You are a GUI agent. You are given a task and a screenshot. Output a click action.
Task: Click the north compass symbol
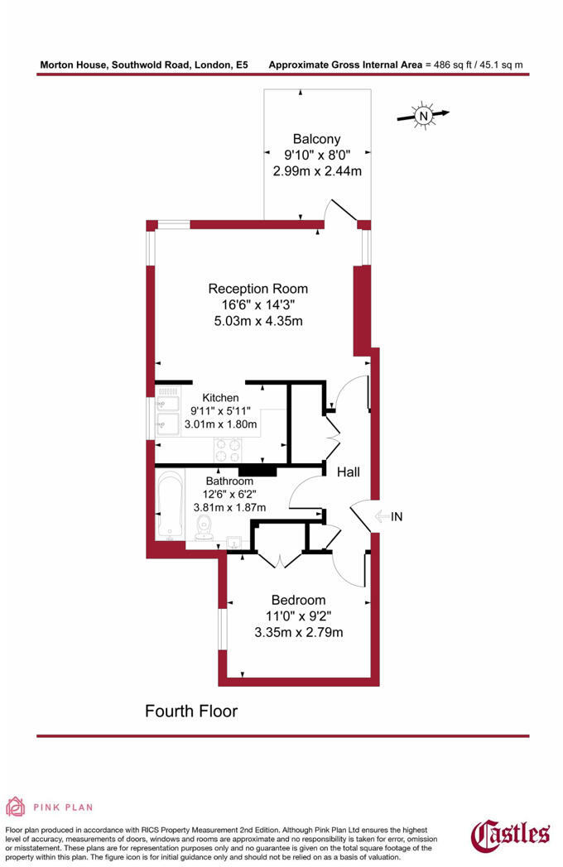click(x=423, y=116)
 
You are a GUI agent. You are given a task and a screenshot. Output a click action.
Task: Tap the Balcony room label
click(x=316, y=139)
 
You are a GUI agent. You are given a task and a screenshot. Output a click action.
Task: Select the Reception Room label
click(x=257, y=289)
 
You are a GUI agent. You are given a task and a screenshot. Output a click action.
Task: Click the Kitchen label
click(x=214, y=398)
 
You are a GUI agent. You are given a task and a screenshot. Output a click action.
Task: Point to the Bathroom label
click(x=229, y=481)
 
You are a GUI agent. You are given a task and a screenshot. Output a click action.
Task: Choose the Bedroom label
click(x=298, y=600)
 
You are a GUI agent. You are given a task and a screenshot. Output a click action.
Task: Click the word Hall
click(x=348, y=472)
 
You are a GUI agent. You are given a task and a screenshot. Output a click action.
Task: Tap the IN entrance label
click(x=397, y=517)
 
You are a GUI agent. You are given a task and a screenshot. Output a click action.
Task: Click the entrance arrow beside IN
click(x=382, y=517)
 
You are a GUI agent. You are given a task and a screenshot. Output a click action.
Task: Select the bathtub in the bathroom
click(x=171, y=505)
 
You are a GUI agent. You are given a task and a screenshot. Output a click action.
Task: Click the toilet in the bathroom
click(x=203, y=529)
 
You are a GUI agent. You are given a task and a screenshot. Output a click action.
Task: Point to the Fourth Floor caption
click(x=191, y=711)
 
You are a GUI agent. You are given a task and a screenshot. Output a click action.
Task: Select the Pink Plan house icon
click(x=15, y=807)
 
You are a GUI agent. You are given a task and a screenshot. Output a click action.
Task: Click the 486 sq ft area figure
click(x=455, y=64)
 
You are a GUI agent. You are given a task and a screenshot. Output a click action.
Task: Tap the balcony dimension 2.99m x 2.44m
click(x=317, y=171)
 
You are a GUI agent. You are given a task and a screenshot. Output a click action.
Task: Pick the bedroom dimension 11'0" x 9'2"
click(x=298, y=616)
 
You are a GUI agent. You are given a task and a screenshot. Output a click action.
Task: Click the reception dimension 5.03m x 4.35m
click(x=257, y=320)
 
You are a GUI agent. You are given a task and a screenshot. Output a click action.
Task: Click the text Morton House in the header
click(x=70, y=64)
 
